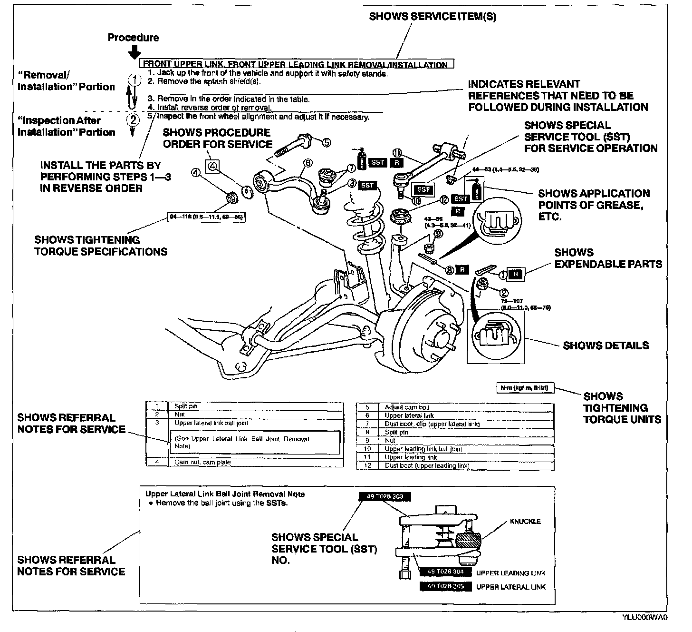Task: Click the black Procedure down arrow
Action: pos(135,51)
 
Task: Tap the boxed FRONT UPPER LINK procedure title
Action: pos(295,64)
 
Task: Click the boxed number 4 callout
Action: pos(212,166)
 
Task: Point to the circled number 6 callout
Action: pos(308,163)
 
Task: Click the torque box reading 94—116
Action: pos(207,217)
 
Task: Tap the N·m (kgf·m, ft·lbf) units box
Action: pos(525,388)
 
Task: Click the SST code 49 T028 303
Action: pos(384,497)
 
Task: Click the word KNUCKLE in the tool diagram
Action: pos(525,521)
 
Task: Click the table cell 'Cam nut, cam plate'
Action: pos(202,462)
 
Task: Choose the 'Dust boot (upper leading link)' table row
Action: pos(426,466)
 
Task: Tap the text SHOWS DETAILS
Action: pos(605,346)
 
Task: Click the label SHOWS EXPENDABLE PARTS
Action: pos(608,258)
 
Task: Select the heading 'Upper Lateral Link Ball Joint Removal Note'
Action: pos(225,494)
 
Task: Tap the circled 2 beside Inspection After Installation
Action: pos(134,119)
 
